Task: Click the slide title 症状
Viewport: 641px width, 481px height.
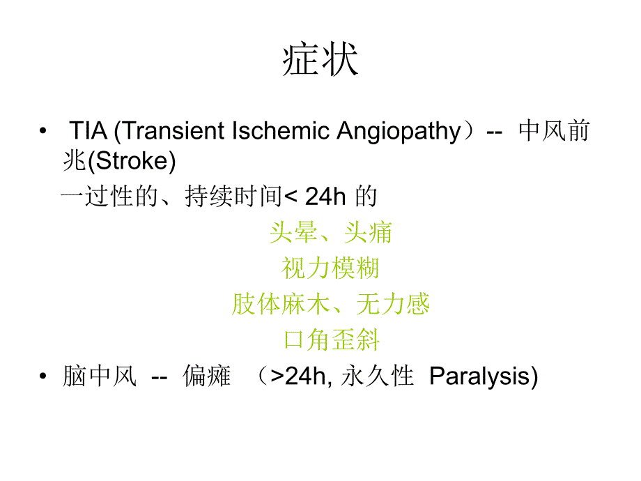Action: click(320, 61)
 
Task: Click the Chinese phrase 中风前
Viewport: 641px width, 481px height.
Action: click(554, 131)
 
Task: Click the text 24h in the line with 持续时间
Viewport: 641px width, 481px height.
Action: click(325, 197)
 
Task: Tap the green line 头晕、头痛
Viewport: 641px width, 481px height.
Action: click(330, 232)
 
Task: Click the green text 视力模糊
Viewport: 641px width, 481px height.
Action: click(330, 268)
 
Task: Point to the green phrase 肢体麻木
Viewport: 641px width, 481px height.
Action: click(281, 304)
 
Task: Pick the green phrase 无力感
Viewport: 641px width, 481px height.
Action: click(393, 304)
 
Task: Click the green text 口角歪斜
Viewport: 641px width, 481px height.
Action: click(330, 340)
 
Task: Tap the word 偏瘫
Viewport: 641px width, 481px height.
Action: click(206, 377)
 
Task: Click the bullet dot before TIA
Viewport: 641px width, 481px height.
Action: click(44, 132)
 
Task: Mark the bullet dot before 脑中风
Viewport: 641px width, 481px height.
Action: click(44, 377)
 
